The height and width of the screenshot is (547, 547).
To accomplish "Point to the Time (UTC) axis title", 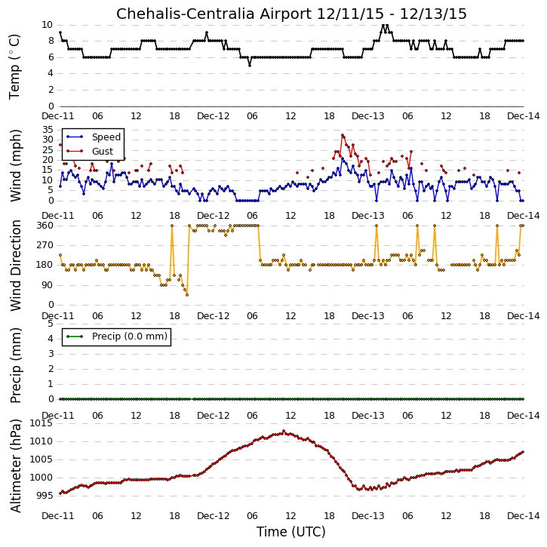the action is (291, 532).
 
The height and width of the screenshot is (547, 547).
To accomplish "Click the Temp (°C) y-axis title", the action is (14, 66).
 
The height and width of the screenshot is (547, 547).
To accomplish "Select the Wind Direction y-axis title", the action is (15, 265).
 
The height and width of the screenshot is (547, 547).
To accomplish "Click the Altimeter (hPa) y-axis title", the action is (15, 466).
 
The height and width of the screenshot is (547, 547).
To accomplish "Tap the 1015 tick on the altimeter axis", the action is (41, 423).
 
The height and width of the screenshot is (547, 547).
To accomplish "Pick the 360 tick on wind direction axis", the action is (45, 226).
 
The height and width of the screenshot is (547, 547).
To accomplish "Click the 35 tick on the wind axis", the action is (48, 130).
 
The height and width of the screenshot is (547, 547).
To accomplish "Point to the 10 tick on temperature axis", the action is (47, 25).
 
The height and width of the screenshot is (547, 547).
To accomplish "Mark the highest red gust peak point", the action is (343, 135).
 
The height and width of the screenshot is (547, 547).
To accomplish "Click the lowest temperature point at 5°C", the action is (250, 65).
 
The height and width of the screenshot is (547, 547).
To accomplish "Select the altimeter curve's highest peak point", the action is (284, 431).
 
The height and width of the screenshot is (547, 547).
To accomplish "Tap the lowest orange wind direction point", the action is (187, 295).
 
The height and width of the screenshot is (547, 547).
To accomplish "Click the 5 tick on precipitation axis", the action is (51, 324).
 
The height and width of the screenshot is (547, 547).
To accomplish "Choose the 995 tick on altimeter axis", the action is (45, 496).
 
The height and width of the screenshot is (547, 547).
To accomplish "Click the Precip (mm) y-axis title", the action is (15, 365).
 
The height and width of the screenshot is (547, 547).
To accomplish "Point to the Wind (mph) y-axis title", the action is (15, 165).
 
